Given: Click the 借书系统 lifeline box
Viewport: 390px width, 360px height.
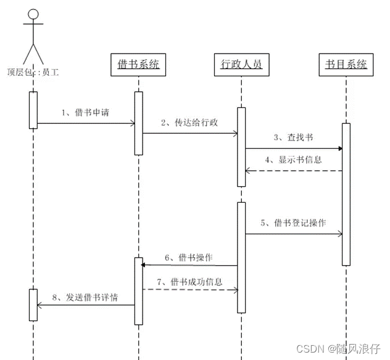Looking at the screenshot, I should (139, 65).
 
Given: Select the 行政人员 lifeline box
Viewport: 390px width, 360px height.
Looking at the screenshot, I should (242, 65).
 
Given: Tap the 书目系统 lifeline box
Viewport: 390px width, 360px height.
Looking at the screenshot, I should (346, 65).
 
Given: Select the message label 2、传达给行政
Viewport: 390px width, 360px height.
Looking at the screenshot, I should (189, 122).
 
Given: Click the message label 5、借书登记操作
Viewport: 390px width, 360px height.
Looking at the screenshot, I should (301, 223).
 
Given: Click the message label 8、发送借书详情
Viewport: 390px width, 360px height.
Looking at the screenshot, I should (85, 297).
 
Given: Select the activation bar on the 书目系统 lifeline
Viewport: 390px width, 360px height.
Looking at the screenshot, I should (346, 194).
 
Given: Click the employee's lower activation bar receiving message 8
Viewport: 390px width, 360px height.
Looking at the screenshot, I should (33, 305).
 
